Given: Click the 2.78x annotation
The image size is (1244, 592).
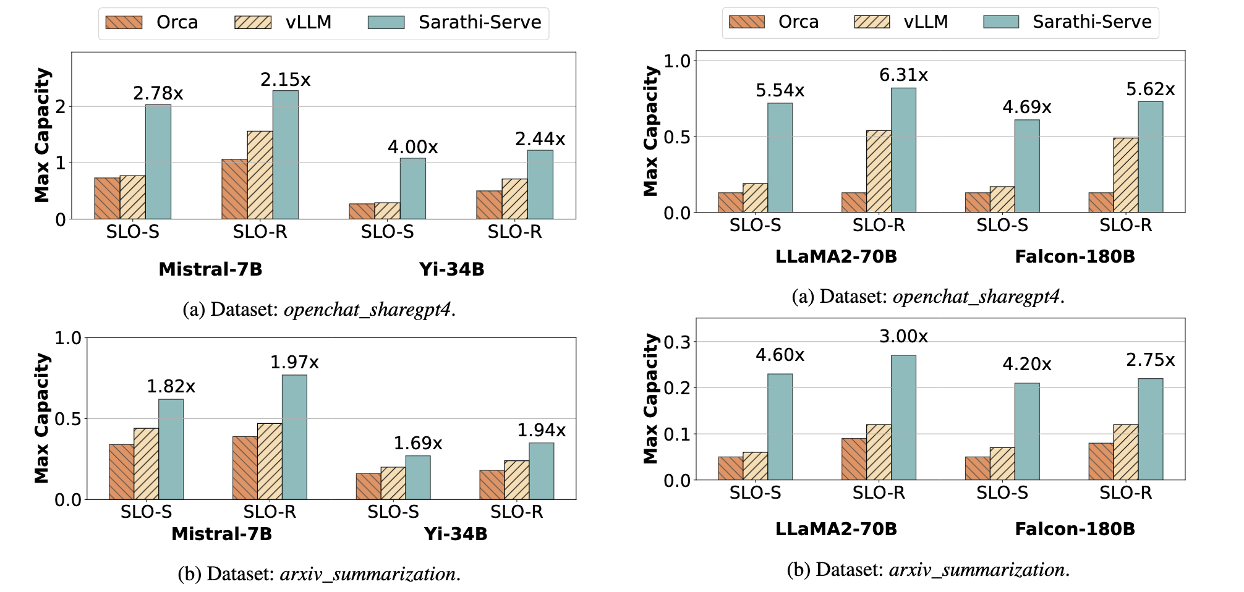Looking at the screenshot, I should [158, 93].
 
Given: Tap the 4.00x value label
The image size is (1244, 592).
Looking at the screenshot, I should [412, 147].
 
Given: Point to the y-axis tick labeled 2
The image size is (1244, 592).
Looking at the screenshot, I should [61, 106].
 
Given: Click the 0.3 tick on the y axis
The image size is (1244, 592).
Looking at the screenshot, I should [675, 342].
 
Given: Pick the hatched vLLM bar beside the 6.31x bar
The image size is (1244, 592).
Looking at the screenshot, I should [879, 171].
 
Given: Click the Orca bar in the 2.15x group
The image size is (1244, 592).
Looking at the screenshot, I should [234, 189].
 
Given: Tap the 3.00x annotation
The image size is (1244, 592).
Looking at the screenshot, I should [903, 336].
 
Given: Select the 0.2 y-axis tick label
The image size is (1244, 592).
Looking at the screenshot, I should [675, 388].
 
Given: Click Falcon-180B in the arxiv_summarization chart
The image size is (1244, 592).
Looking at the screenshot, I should [1075, 529].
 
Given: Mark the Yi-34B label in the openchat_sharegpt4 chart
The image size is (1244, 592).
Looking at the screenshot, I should [451, 269].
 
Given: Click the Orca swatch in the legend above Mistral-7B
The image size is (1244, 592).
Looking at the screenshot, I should [124, 23].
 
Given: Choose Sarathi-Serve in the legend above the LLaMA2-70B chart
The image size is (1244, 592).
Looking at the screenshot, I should [1092, 22].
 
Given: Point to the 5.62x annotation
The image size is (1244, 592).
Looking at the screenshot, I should [1150, 90].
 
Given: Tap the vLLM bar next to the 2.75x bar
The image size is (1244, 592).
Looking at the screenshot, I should [1125, 452].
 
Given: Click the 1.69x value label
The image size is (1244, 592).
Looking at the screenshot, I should [418, 443].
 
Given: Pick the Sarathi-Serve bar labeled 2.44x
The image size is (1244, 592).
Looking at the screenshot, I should [540, 184].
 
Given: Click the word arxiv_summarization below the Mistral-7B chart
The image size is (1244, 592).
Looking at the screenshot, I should [368, 574].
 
